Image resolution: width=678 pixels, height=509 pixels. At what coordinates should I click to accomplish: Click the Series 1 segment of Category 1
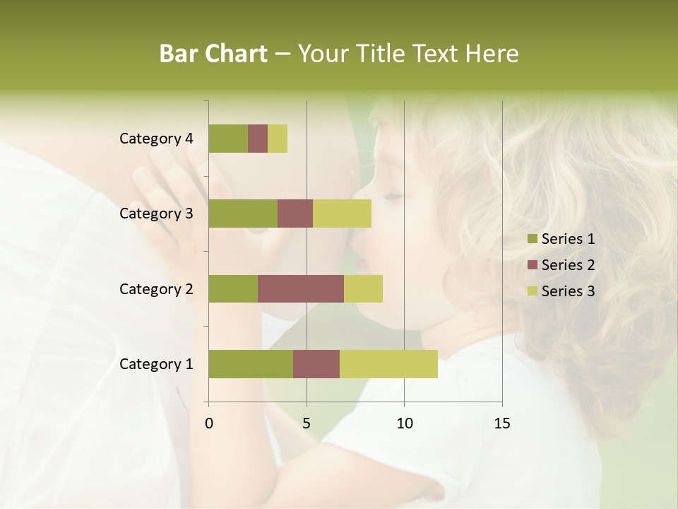[x=251, y=364]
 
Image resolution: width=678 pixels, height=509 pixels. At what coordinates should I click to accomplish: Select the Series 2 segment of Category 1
[x=316, y=364]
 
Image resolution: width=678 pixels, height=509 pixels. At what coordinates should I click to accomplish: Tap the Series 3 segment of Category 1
[x=388, y=364]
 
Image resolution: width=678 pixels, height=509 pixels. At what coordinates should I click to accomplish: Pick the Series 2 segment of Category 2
[x=301, y=288]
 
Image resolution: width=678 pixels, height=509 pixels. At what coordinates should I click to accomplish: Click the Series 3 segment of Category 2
[x=363, y=288]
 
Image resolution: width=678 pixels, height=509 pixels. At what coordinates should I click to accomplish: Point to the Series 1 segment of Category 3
[x=243, y=213]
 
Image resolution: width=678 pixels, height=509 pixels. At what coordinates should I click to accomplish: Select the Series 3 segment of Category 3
[x=342, y=213]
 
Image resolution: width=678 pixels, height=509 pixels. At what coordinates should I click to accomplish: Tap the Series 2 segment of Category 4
[x=258, y=139]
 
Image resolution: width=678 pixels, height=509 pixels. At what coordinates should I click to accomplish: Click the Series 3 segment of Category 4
[x=278, y=139]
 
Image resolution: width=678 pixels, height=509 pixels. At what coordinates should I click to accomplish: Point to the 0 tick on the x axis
[x=209, y=423]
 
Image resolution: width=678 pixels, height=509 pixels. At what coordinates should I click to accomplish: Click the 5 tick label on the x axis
[x=307, y=423]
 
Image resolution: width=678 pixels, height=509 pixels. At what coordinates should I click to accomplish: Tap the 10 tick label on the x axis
[x=404, y=423]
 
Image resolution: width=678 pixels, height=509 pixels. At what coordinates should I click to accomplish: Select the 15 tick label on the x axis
[x=502, y=423]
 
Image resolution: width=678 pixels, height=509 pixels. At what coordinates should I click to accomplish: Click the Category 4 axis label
[x=156, y=139]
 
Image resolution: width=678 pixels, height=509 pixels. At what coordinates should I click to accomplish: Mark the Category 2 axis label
[x=156, y=288]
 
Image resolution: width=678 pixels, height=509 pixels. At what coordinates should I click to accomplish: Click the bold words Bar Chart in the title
[x=213, y=54]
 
